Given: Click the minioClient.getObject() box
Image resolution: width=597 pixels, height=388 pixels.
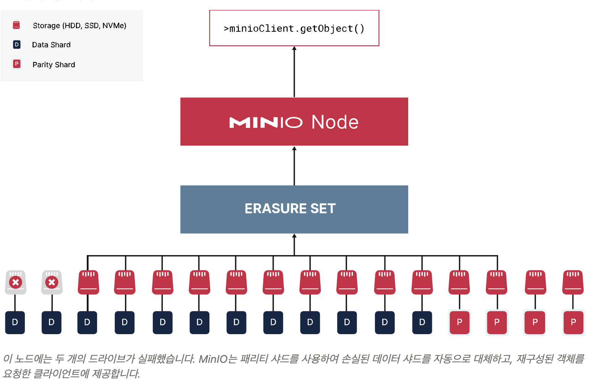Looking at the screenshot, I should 294,28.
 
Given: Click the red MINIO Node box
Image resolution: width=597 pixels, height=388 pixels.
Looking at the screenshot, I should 294,121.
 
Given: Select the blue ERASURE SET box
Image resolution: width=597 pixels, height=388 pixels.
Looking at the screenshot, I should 294,209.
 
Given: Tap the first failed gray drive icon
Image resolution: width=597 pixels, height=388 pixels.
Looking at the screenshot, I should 15,282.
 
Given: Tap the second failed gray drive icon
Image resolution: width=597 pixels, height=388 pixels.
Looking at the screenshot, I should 52,282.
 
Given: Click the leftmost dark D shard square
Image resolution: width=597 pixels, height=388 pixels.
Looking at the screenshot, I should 15,322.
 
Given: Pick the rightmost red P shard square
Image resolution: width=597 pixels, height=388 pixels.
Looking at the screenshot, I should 573,322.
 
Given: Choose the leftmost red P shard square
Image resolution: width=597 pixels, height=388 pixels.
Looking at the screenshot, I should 459,322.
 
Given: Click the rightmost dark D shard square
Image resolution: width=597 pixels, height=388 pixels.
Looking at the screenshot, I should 422,322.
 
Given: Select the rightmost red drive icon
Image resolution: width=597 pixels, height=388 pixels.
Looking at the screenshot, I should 573,282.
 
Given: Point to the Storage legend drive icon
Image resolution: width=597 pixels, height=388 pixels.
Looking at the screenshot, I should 16,25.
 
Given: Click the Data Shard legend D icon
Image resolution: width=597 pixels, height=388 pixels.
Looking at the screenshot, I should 16,45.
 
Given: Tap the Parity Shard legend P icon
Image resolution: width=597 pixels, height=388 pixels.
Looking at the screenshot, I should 16,64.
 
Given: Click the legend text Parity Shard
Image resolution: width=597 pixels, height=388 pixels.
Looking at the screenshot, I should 54,65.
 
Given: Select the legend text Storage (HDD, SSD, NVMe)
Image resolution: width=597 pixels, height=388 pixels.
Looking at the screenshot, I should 79,26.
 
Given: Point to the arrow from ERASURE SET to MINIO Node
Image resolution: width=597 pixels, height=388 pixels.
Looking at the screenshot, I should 294,166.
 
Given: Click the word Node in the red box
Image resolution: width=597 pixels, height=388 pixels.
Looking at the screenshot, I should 335,122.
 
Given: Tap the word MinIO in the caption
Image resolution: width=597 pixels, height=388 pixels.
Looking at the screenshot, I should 213,359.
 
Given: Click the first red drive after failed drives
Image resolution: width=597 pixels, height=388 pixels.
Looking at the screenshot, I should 88,282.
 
